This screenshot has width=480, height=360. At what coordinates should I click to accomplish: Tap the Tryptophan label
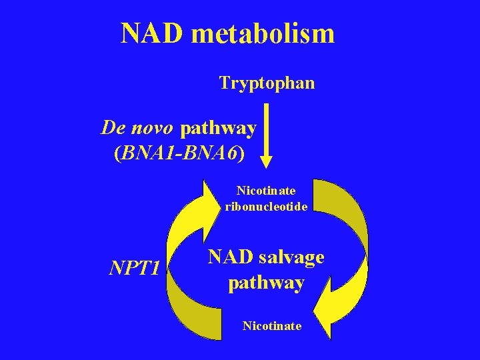pyautogui.click(x=267, y=83)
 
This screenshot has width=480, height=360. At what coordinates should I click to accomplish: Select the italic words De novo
pyautogui.click(x=136, y=127)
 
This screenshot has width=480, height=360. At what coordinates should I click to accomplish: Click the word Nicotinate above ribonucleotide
pyautogui.click(x=266, y=191)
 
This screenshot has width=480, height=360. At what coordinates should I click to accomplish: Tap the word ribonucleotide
pyautogui.click(x=266, y=207)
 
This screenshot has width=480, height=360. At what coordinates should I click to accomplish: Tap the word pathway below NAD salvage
pyautogui.click(x=266, y=283)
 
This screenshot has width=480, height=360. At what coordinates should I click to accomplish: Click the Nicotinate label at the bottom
pyautogui.click(x=271, y=326)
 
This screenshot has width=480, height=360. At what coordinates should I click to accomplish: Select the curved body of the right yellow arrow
pyautogui.click(x=350, y=233)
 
